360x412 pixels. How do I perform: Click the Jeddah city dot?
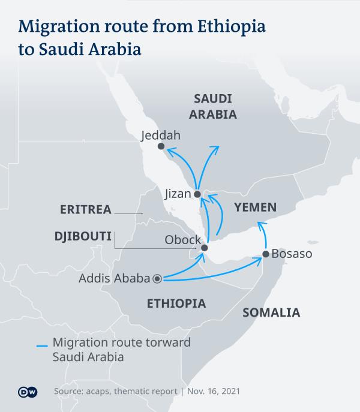(160, 146)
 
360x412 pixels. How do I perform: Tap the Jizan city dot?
(197, 194)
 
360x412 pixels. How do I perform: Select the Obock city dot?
(204, 248)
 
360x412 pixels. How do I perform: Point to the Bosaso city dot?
(265, 255)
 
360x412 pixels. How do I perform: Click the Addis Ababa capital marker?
(157, 278)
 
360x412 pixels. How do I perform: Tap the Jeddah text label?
(160, 135)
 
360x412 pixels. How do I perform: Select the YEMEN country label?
(255, 208)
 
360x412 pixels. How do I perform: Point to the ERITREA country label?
(86, 209)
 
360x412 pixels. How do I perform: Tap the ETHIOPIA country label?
(176, 304)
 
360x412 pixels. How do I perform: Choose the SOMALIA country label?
(271, 312)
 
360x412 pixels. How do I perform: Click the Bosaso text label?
(292, 254)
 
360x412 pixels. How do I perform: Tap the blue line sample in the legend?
(41, 346)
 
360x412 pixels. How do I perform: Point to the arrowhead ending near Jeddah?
(169, 152)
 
